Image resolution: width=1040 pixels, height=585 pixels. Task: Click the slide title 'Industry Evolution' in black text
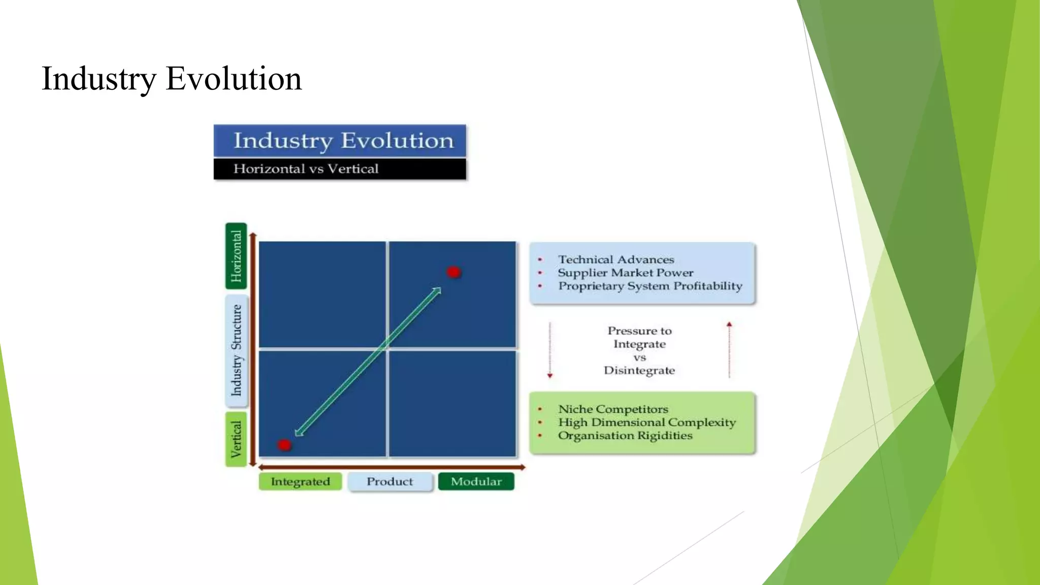(x=172, y=79)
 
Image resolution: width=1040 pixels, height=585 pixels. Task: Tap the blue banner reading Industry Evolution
(x=340, y=141)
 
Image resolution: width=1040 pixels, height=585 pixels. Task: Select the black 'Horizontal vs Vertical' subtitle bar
(x=340, y=169)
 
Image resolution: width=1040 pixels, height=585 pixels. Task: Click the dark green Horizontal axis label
(x=236, y=256)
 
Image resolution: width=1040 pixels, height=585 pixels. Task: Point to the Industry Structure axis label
(x=237, y=350)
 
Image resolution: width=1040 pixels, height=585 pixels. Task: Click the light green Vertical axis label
(x=236, y=439)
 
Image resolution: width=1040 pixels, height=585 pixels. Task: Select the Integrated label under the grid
(x=300, y=481)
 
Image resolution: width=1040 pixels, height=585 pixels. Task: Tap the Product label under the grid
(x=389, y=481)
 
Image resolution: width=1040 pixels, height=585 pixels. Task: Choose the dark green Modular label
(x=476, y=481)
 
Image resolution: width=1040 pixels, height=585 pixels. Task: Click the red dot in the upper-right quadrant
(x=453, y=272)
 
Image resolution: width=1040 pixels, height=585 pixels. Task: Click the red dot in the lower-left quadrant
(x=284, y=445)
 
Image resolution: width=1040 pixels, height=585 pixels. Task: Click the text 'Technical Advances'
(x=616, y=259)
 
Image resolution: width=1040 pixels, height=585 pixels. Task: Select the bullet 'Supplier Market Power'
(x=625, y=273)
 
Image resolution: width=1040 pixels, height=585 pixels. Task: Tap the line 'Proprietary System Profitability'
(x=650, y=286)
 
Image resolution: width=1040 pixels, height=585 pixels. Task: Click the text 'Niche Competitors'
(x=613, y=409)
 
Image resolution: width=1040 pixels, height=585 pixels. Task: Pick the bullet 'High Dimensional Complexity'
(x=646, y=422)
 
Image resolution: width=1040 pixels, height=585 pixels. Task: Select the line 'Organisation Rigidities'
(x=625, y=435)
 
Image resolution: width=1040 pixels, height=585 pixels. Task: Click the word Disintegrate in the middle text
(x=639, y=370)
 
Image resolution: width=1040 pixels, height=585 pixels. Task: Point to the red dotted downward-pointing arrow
(x=549, y=350)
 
